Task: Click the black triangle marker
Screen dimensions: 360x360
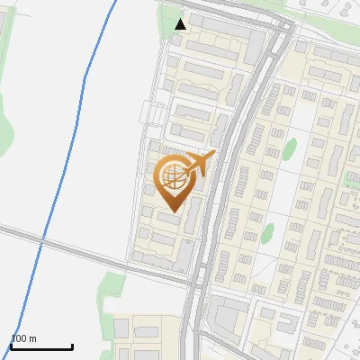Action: (x=181, y=23)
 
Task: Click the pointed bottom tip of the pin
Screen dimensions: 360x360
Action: (x=171, y=211)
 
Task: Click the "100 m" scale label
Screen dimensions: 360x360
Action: (x=23, y=338)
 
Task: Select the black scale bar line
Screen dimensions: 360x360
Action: (x=41, y=346)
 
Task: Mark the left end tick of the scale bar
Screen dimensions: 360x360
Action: (x=11, y=346)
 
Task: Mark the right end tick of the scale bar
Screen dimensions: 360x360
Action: (x=72, y=346)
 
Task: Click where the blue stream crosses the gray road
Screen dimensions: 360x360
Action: (x=41, y=238)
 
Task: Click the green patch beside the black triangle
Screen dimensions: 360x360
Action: (x=168, y=13)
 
